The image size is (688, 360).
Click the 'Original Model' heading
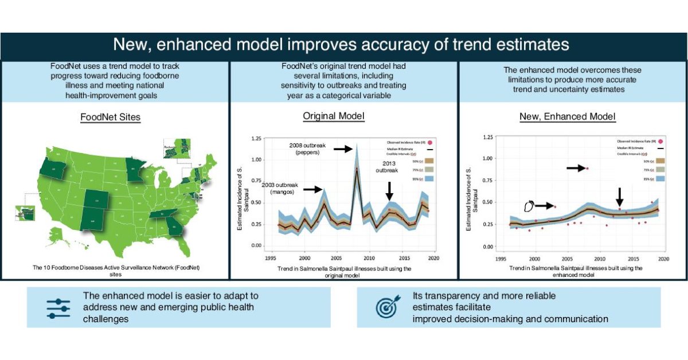click(x=334, y=116)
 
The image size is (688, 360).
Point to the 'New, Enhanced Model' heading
click(x=567, y=116)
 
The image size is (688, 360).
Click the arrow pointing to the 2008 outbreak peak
click(x=343, y=148)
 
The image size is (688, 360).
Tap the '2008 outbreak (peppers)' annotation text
click(x=307, y=149)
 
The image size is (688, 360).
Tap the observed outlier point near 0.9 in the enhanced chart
click(x=588, y=168)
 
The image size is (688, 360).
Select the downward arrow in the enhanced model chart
click(x=620, y=198)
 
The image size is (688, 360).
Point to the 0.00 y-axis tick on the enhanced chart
click(x=488, y=247)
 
